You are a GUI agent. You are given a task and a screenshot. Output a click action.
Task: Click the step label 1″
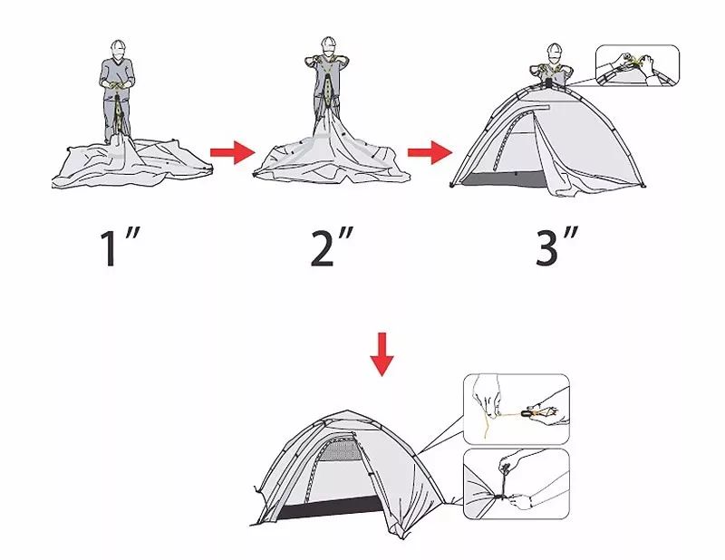(120, 247)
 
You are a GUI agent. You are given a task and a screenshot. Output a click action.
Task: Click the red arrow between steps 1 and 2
(233, 152)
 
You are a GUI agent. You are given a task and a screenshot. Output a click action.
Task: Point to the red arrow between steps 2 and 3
(430, 152)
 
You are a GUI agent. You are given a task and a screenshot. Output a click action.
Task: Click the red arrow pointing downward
(382, 354)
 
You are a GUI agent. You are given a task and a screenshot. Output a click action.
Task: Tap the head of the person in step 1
(119, 49)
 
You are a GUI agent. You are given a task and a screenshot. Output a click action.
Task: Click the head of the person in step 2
(328, 46)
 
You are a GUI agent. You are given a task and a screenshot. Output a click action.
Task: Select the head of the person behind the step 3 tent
(555, 52)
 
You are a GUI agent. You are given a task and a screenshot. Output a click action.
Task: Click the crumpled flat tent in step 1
(131, 163)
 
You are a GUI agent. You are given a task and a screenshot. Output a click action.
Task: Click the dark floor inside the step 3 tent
(504, 179)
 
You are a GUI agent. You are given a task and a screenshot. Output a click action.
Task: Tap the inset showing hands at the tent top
(637, 65)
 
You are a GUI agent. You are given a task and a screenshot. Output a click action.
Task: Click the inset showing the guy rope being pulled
(516, 410)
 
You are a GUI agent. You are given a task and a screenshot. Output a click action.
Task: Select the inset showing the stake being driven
(516, 484)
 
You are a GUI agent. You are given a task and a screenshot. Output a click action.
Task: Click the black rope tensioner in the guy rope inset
(527, 412)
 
